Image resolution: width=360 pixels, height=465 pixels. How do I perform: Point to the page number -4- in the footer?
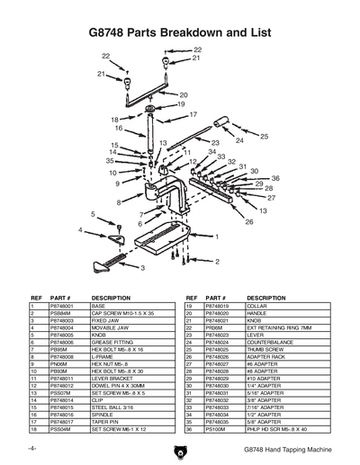click(x=32, y=448)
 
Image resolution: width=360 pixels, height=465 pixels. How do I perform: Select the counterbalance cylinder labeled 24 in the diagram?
click(x=224, y=130)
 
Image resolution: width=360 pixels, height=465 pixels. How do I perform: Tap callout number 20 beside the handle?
click(x=183, y=94)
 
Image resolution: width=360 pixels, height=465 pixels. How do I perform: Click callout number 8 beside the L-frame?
click(x=118, y=203)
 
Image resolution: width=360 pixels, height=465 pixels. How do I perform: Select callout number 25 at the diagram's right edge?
click(x=264, y=136)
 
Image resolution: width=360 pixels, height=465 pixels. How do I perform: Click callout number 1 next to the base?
click(x=216, y=236)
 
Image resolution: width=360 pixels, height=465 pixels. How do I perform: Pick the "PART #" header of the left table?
click(x=61, y=296)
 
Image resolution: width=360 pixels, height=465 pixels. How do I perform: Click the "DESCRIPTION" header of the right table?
click(x=266, y=296)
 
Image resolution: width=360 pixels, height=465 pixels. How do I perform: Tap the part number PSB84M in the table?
click(x=61, y=312)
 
